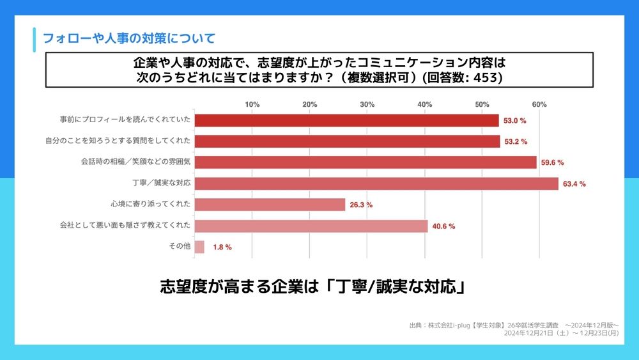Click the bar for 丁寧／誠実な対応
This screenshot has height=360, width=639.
376,184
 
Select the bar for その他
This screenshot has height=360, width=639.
199,247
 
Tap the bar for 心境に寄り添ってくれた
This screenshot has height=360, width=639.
270,205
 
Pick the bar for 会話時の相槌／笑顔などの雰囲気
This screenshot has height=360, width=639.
366,162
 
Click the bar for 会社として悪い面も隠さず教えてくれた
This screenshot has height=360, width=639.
311,226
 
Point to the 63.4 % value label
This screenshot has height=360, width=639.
574,184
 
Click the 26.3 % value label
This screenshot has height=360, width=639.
360,205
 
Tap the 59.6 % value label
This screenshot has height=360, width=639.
552,163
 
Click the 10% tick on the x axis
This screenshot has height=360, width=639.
252,104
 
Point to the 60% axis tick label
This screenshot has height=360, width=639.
539,104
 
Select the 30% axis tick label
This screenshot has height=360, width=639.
367,104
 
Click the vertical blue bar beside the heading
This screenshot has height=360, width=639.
34,39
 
